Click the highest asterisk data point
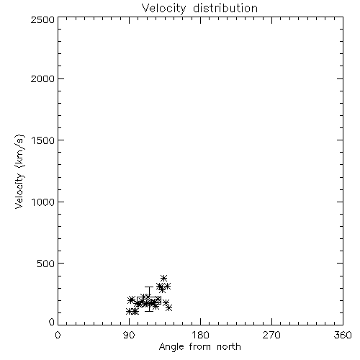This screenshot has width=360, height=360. pyautogui.click(x=163, y=278)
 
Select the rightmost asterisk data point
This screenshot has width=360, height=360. pyautogui.click(x=169, y=307)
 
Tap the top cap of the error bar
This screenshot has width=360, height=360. pyautogui.click(x=149, y=287)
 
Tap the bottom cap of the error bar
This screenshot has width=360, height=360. pyautogui.click(x=149, y=311)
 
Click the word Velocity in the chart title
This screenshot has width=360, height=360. pyautogui.click(x=163, y=9)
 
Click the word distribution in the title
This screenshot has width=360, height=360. pyautogui.click(x=225, y=8)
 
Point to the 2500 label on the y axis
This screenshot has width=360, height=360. pyautogui.click(x=42, y=19)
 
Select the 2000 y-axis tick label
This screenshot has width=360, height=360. pyautogui.click(x=42, y=78)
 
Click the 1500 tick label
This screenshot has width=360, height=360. pyautogui.click(x=43, y=140)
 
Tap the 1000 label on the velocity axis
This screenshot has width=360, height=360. pyautogui.click(x=43, y=202)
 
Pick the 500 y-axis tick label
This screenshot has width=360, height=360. pyautogui.click(x=46, y=264)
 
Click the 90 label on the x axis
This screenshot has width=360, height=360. pyautogui.click(x=129, y=335)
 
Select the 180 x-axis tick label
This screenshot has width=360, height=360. pyautogui.click(x=200, y=335)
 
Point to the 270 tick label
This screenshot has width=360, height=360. pyautogui.click(x=271, y=335)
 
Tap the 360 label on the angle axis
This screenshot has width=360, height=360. pyautogui.click(x=343, y=335)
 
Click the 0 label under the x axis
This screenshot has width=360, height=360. pyautogui.click(x=58, y=335)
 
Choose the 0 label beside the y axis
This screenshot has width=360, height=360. pyautogui.click(x=52, y=322)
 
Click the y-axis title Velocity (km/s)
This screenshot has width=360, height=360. pyautogui.click(x=19, y=171)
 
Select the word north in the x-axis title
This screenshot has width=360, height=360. pyautogui.click(x=229, y=347)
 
